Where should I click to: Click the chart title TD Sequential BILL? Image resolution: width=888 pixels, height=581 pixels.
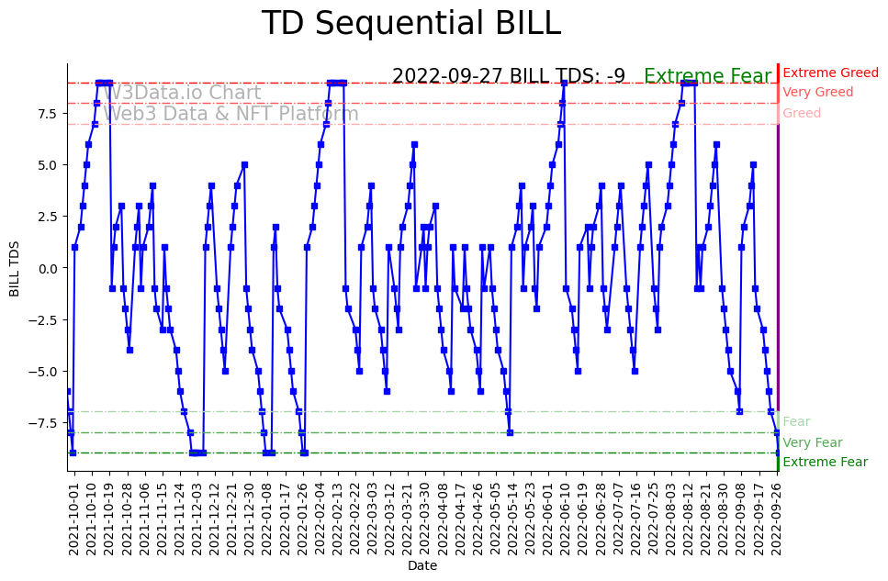click(x=410, y=24)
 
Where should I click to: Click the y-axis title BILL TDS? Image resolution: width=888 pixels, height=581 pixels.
click(x=15, y=268)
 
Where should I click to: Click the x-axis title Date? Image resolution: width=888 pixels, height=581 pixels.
click(x=422, y=566)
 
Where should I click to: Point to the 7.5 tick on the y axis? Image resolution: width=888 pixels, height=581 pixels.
click(x=48, y=114)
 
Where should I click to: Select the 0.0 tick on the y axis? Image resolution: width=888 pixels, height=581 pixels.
click(x=48, y=268)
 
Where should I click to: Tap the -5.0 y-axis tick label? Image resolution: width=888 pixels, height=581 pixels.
click(x=45, y=371)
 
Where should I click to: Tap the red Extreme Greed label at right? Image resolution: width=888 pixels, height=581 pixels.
click(x=830, y=73)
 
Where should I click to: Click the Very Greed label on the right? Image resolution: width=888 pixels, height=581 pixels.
click(x=817, y=93)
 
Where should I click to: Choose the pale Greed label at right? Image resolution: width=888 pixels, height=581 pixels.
click(x=802, y=114)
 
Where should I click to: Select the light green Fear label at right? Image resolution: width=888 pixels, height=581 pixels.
click(x=796, y=422)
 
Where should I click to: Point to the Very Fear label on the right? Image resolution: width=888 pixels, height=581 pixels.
click(x=812, y=442)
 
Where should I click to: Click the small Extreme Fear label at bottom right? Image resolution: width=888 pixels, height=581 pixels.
click(x=825, y=463)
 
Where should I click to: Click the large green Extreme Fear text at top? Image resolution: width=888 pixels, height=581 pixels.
click(x=707, y=76)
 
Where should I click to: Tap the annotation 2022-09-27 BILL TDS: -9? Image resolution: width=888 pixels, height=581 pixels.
click(x=509, y=76)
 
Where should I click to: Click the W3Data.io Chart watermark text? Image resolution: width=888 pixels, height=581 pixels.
click(x=182, y=93)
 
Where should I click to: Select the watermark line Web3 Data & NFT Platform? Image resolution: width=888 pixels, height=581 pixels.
click(x=230, y=114)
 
